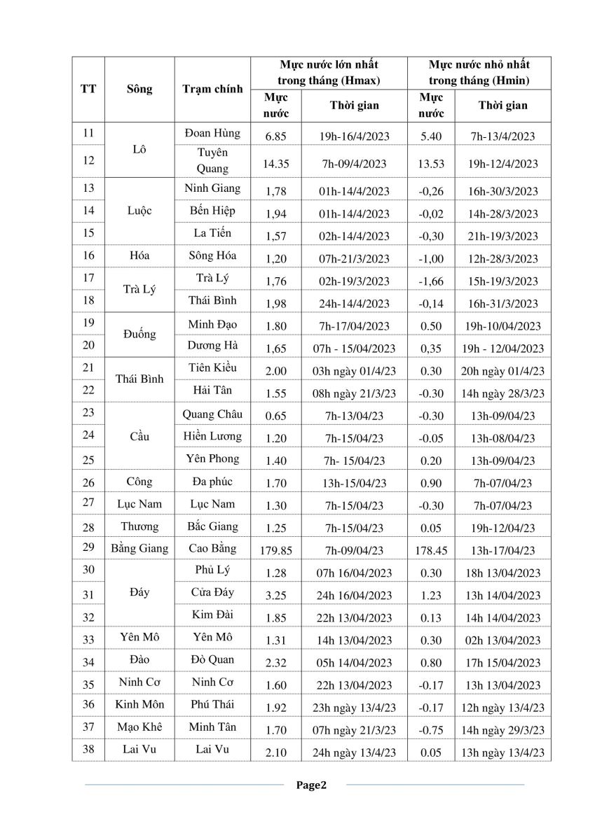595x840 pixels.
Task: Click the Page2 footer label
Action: coord(311,785)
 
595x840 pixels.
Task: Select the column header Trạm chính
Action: coord(212,89)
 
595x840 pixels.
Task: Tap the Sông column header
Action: coord(139,89)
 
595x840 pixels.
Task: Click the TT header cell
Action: coord(89,89)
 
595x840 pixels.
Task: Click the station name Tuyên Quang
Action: coord(212,160)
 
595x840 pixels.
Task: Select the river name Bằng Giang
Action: coord(139,549)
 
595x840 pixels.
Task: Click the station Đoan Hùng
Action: coord(212,133)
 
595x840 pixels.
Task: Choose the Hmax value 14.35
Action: coord(275,164)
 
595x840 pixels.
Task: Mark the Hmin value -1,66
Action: coord(431,281)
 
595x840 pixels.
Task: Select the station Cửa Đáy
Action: coord(212,592)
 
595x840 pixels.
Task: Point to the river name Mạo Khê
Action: coord(139,727)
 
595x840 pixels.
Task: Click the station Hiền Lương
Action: coord(212,436)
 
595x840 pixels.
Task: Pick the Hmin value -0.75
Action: coord(431,730)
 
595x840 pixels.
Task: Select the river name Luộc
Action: coord(139,210)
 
